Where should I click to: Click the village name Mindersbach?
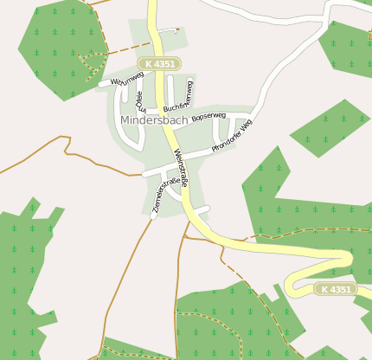click(x=155, y=119)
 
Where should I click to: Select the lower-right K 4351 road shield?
click(x=335, y=289)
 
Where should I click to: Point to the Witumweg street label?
click(x=126, y=80)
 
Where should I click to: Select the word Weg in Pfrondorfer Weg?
click(x=247, y=126)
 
